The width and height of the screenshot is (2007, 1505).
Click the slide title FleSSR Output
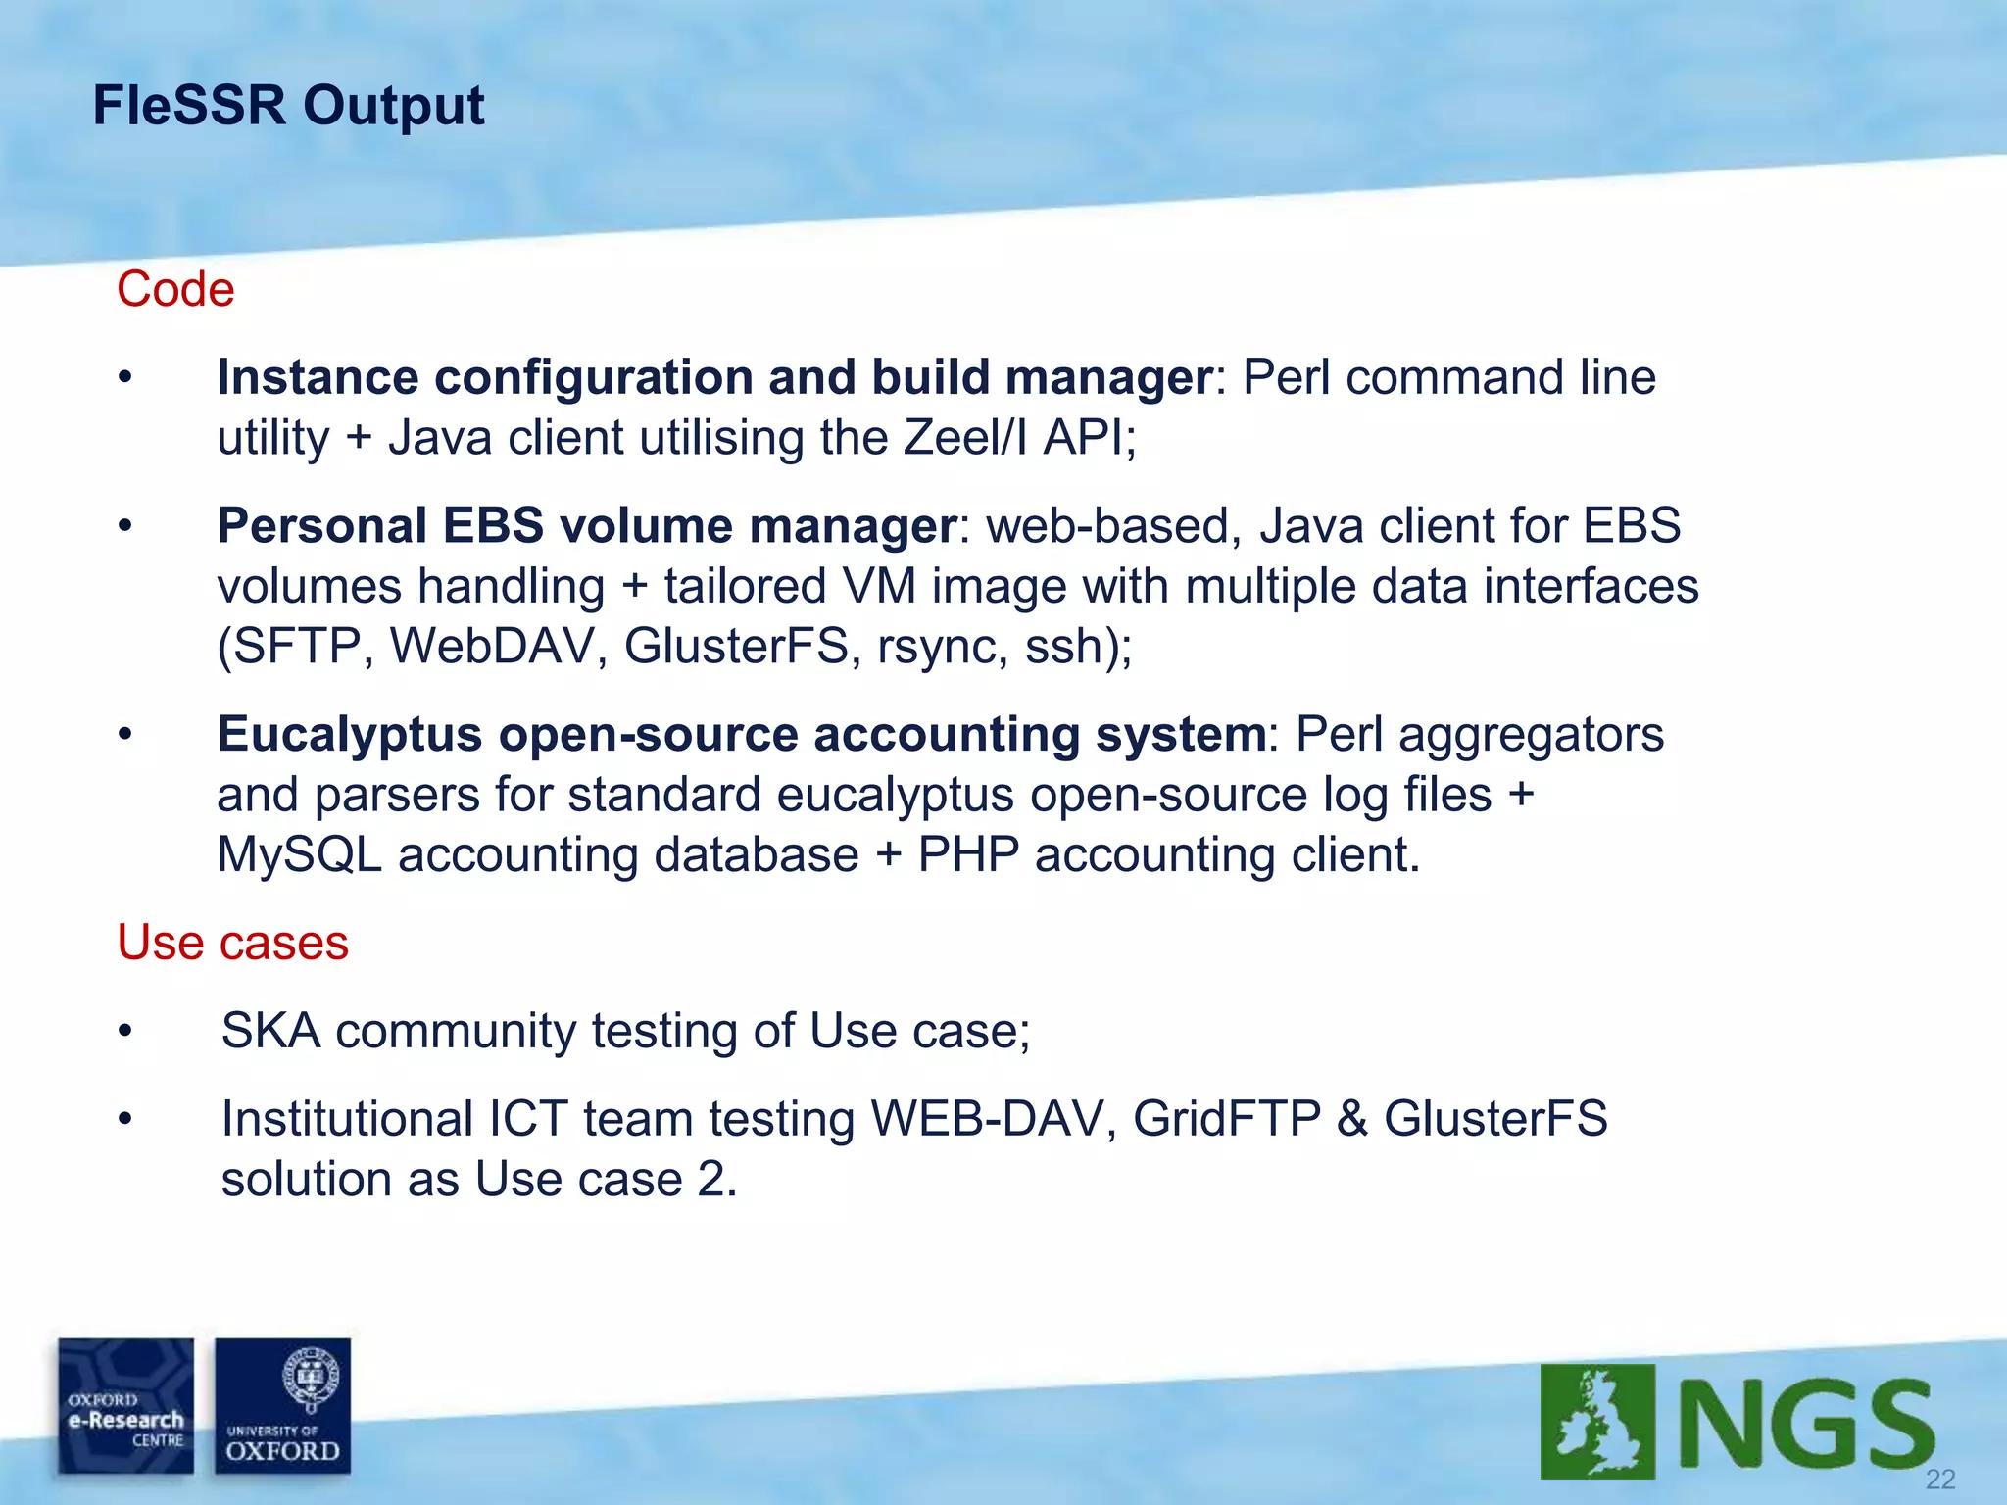coord(288,106)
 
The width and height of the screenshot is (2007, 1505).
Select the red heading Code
coord(175,290)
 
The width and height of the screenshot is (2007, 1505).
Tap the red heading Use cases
coord(232,943)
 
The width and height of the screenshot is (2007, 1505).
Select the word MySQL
coord(299,854)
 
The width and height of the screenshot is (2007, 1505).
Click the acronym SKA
coord(271,1031)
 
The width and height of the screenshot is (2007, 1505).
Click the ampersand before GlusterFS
coord(1351,1119)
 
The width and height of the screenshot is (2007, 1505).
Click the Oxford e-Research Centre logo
coord(125,1406)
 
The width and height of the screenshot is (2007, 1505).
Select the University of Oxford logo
coord(282,1406)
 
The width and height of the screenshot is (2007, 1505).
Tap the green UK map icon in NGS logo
coord(1597,1421)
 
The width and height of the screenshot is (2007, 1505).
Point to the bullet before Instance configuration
coord(124,378)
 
